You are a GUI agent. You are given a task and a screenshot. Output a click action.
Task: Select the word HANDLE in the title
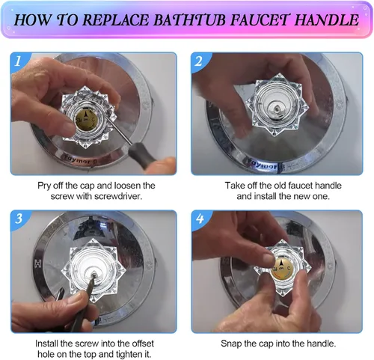326,19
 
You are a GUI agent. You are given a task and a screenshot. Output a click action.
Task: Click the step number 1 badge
18,61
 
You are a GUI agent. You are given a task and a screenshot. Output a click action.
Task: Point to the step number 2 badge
198,61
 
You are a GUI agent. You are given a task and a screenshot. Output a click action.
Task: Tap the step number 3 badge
19,219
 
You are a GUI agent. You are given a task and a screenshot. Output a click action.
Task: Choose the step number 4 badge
200,219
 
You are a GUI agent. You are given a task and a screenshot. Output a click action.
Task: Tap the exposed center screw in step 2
277,108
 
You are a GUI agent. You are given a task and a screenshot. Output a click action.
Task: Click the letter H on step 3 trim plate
38,263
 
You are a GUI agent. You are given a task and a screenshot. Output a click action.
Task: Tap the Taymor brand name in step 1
78,160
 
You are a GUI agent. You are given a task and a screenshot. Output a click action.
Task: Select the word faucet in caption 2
301,186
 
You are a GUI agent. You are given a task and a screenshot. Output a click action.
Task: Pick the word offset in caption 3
142,344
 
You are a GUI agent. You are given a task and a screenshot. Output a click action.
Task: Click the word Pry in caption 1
43,186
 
